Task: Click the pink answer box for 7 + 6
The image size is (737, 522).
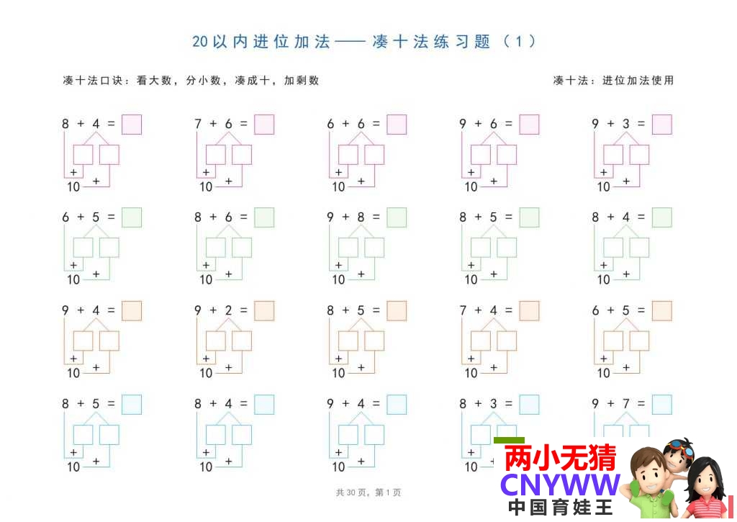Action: click(x=264, y=125)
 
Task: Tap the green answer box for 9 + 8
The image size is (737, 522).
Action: click(x=397, y=217)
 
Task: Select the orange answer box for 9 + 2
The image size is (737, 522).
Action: click(x=264, y=311)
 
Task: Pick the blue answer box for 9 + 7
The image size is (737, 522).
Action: click(x=662, y=405)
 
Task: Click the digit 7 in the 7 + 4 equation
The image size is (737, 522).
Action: click(x=463, y=310)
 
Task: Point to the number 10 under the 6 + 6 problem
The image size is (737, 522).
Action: click(x=338, y=186)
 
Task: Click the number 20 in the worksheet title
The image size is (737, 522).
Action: click(x=200, y=41)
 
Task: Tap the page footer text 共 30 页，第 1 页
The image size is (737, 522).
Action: click(x=368, y=492)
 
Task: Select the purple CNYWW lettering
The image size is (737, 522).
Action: click(x=560, y=485)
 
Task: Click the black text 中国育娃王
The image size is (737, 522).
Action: click(x=560, y=508)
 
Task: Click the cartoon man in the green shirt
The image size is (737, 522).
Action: click(x=650, y=485)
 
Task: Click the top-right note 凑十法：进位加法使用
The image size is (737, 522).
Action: click(x=613, y=81)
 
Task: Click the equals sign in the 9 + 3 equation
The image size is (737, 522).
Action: click(x=641, y=124)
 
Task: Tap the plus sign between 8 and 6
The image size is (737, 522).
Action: click(x=213, y=217)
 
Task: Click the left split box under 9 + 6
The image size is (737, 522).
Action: click(x=480, y=155)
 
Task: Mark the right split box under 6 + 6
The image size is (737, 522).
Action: click(x=374, y=155)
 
